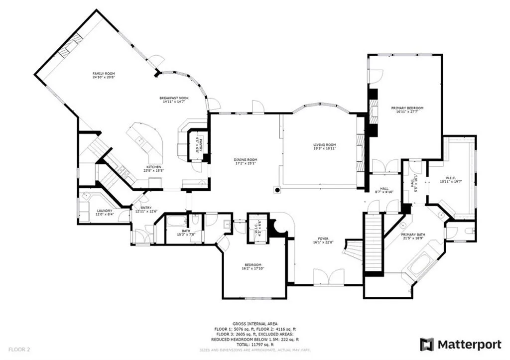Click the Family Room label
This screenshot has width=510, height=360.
pyautogui.click(x=103, y=74)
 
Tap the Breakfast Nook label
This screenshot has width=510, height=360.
pyautogui.click(x=174, y=98)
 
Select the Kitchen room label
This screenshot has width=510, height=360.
pyautogui.click(x=153, y=167)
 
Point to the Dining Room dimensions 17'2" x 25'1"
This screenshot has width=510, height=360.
pyautogui.click(x=246, y=163)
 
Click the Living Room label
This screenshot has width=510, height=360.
pyautogui.click(x=324, y=145)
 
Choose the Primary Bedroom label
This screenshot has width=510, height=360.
pyautogui.click(x=407, y=108)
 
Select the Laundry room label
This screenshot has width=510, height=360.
pyautogui.click(x=105, y=211)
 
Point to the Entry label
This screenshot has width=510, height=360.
pyautogui.click(x=146, y=208)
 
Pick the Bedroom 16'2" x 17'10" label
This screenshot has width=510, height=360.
pyautogui.click(x=253, y=265)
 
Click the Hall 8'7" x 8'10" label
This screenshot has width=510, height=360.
pyautogui.click(x=384, y=189)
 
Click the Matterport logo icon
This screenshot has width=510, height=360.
pyautogui.click(x=427, y=344)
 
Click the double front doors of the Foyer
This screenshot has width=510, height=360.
pyautogui.click(x=329, y=276)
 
